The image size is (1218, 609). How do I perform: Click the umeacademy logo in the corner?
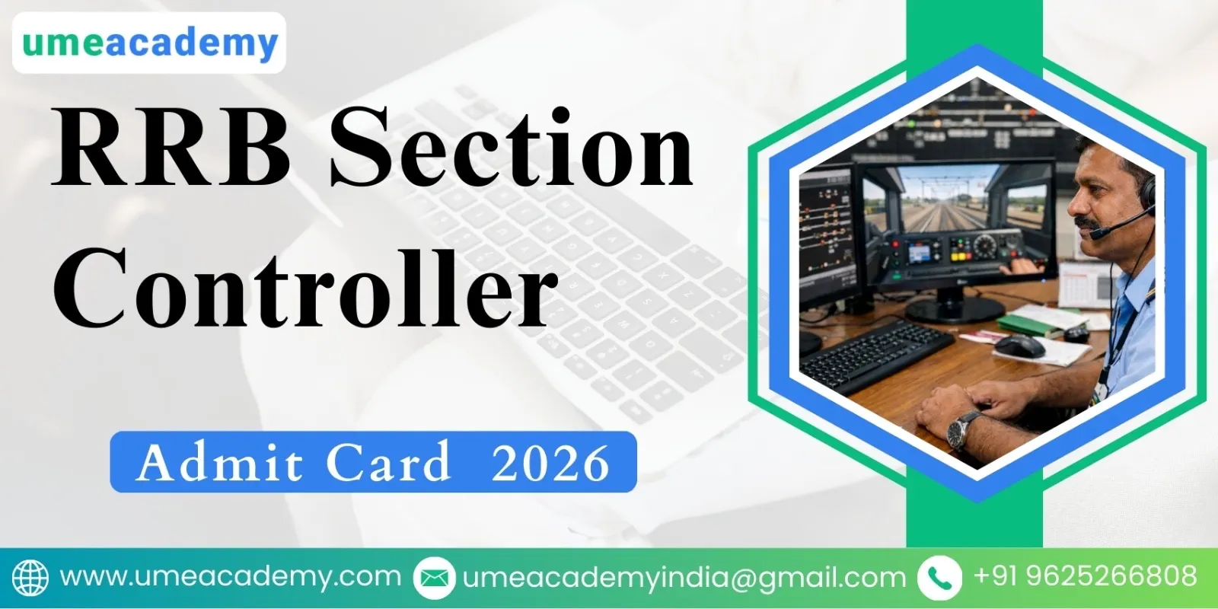point(149,43)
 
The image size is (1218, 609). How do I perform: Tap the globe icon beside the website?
point(30,577)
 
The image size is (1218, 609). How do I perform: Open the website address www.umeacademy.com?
point(230,576)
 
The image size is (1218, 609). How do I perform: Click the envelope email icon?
point(434,577)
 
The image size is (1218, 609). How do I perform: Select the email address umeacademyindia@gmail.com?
point(684,577)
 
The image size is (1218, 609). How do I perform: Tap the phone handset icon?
point(939,577)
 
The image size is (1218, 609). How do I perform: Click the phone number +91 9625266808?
point(1084,576)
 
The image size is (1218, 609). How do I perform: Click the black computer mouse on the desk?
point(1020,346)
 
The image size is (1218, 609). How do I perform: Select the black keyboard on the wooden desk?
point(875,354)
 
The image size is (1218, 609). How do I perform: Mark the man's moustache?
point(1085,224)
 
